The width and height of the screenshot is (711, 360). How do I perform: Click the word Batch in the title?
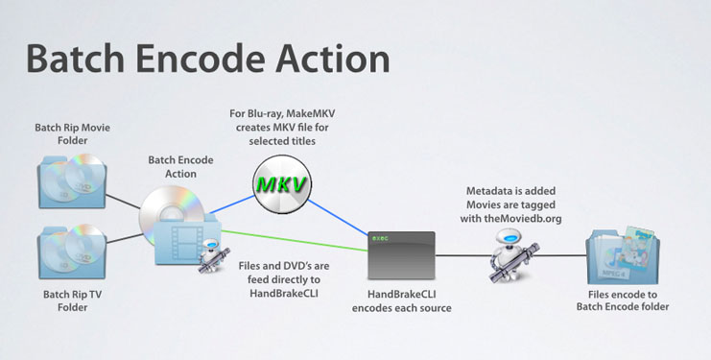click(81, 59)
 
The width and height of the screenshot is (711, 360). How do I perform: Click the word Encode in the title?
click(219, 59)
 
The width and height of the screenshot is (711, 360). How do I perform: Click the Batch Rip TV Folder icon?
click(70, 252)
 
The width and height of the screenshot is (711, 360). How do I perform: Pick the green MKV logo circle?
click(282, 182)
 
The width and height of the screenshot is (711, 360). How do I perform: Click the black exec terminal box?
click(402, 252)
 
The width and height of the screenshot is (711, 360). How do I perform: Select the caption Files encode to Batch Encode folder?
click(625, 300)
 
